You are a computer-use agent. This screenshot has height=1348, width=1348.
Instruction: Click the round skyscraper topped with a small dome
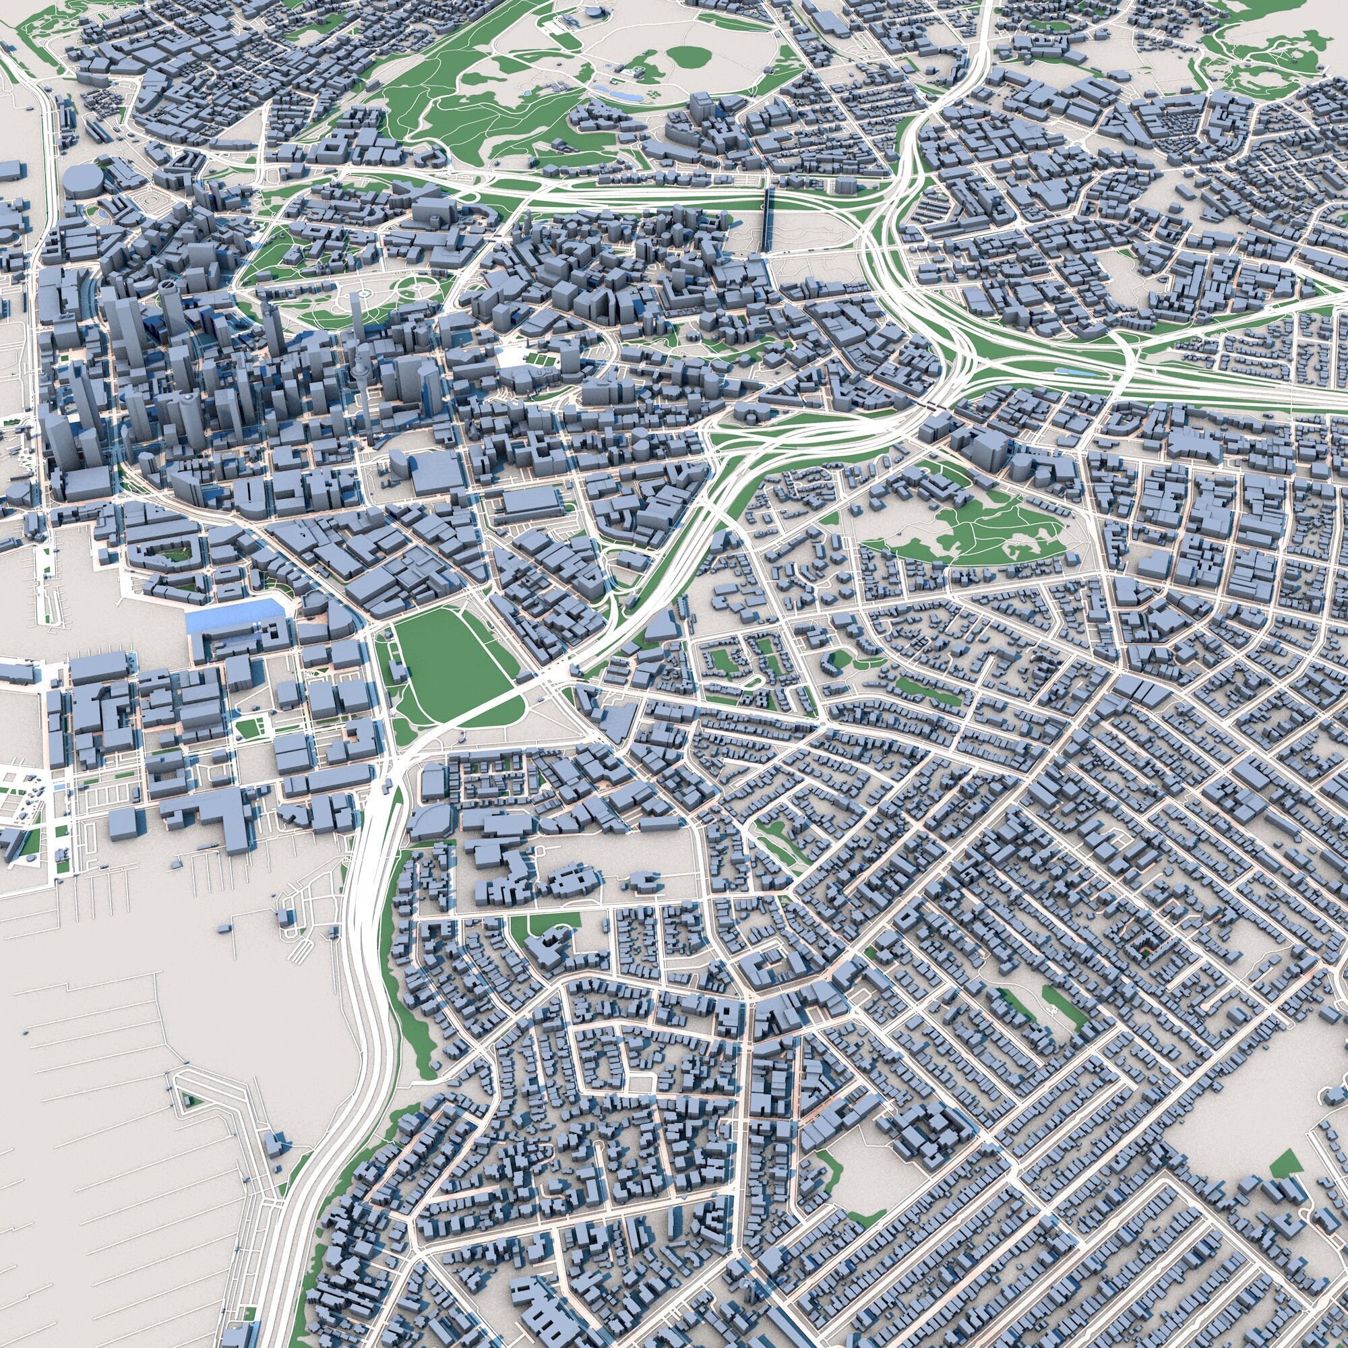click(189, 419)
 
